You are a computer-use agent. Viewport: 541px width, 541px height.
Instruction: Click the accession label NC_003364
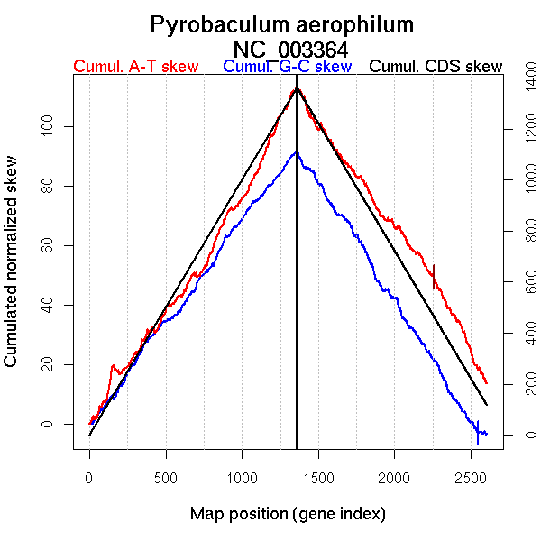[x=290, y=49]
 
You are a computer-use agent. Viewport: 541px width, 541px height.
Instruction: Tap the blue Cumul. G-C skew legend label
[x=287, y=67]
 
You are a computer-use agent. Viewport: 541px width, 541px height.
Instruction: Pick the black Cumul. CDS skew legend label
[x=436, y=67]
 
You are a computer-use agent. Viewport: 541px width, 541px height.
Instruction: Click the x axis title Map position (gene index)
[x=288, y=514]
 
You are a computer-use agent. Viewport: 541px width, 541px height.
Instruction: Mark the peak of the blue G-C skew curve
[x=295, y=151]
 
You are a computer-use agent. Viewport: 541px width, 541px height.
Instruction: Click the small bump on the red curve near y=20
[x=114, y=365]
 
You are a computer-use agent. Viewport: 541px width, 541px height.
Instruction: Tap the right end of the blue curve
[x=486, y=434]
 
